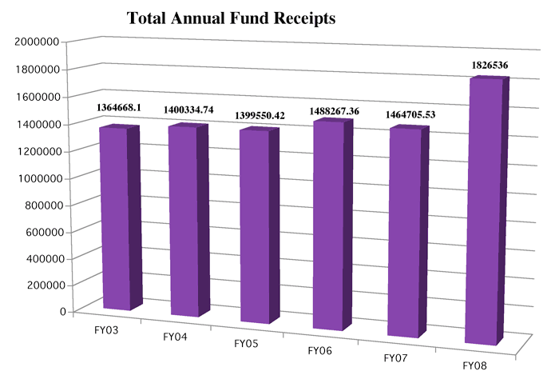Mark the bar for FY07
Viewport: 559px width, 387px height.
tap(404, 232)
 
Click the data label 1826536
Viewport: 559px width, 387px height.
tap(483, 64)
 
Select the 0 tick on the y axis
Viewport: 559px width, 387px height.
tap(61, 312)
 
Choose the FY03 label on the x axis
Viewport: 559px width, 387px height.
tap(106, 330)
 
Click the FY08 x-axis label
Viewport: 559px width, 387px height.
tap(477, 365)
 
